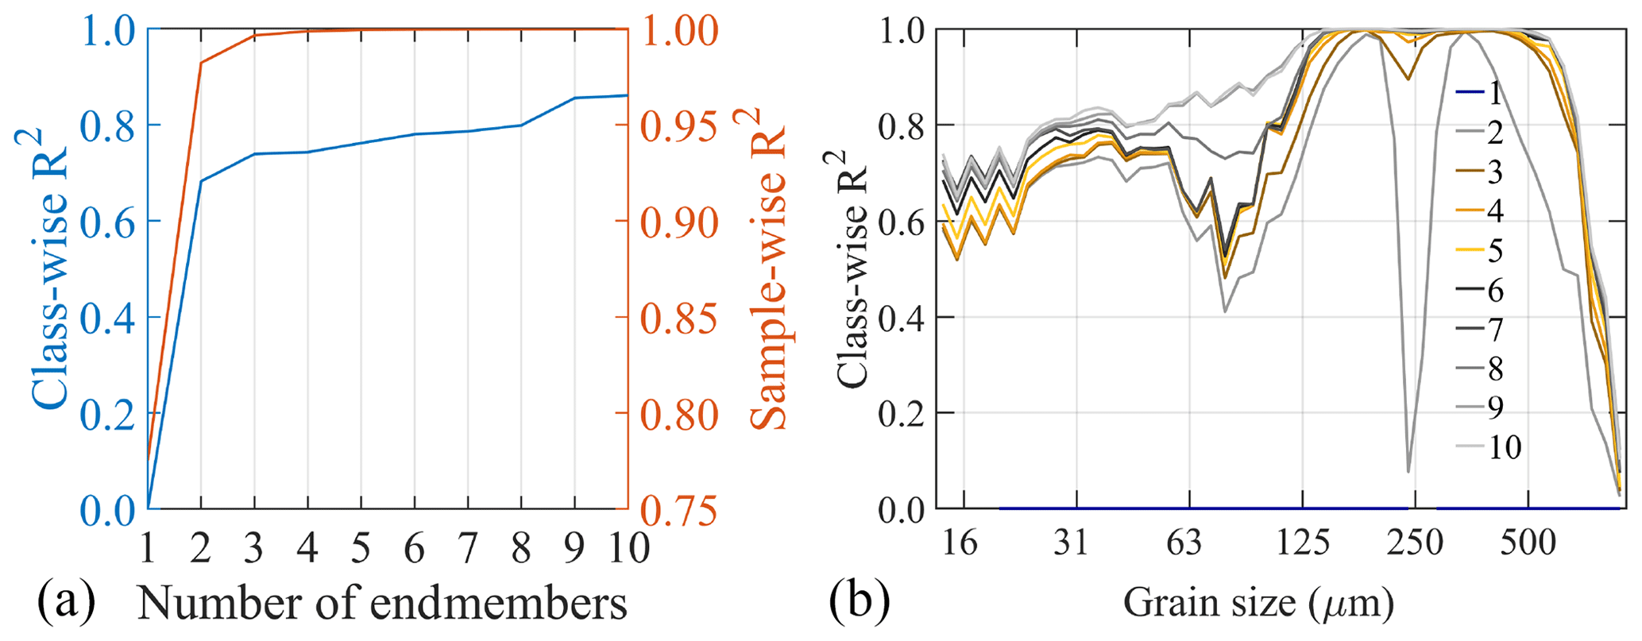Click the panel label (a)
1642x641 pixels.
pyautogui.click(x=67, y=604)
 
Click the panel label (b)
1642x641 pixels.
pyautogui.click(x=859, y=604)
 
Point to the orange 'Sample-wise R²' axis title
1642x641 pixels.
pyautogui.click(x=767, y=270)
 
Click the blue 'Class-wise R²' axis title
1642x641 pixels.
pyautogui.click(x=48, y=270)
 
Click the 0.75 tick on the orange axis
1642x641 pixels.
pyautogui.click(x=678, y=509)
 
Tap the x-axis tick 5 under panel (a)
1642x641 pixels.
pyautogui.click(x=361, y=548)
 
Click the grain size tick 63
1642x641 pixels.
pyautogui.click(x=1189, y=543)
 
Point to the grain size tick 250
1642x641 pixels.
pyautogui.click(x=1415, y=543)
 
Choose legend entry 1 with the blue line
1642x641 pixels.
pyautogui.click(x=1493, y=95)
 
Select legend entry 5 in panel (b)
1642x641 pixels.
pyautogui.click(x=1493, y=252)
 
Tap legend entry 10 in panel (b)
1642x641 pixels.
pyautogui.click(x=1502, y=448)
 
